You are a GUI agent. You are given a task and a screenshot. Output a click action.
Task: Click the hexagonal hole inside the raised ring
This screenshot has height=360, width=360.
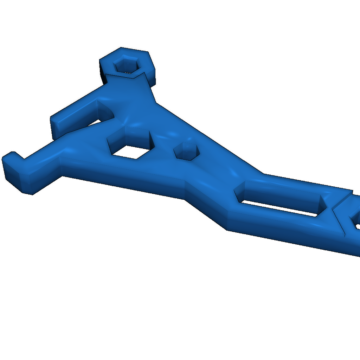click(126, 65)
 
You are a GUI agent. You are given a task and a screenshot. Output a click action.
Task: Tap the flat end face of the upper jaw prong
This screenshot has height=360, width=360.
click(56, 127)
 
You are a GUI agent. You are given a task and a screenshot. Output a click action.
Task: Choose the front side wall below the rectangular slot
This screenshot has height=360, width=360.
click(281, 229)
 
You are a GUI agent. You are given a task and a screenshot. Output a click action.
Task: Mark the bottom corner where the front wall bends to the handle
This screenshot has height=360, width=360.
click(227, 230)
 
